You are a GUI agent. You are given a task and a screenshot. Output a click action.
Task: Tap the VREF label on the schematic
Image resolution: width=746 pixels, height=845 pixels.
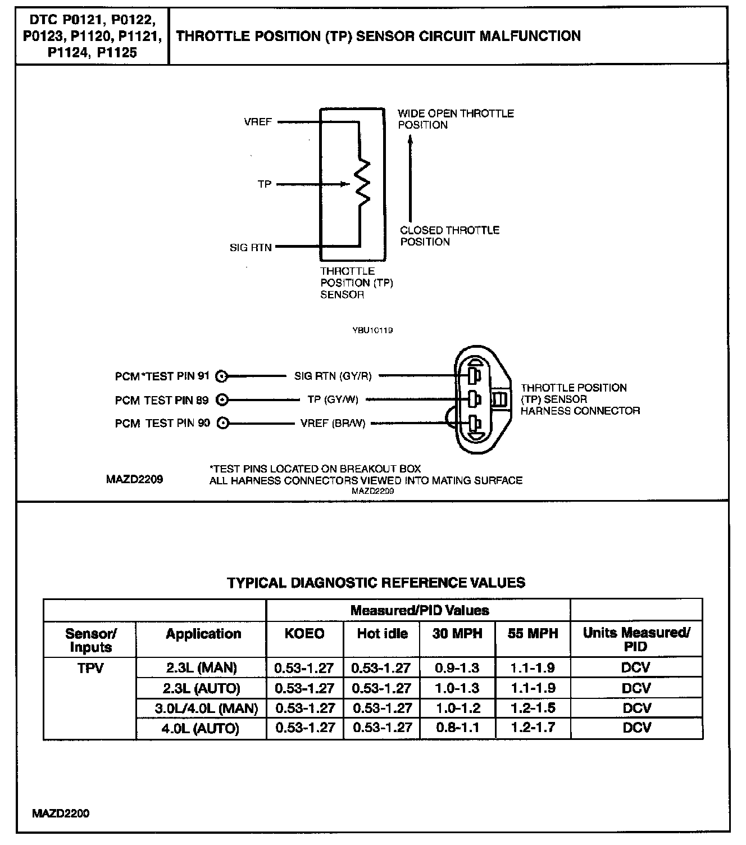[258, 121]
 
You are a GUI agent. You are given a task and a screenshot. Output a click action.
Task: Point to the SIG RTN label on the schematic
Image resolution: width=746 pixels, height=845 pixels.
[251, 247]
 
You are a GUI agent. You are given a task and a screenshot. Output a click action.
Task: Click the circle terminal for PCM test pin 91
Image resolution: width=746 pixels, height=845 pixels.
[222, 376]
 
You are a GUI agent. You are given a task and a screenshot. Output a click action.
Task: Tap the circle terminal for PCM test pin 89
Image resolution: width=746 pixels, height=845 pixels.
[222, 400]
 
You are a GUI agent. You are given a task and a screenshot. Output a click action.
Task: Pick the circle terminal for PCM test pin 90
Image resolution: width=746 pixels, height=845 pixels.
[222, 424]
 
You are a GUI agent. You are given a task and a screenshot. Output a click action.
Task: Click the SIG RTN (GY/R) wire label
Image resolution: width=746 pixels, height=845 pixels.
[333, 376]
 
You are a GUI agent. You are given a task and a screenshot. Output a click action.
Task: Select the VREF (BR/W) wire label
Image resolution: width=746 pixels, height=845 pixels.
[333, 424]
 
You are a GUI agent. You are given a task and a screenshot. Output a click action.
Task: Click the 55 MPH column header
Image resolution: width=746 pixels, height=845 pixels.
[533, 634]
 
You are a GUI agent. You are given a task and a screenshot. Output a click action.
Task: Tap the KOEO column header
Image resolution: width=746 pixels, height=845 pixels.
[304, 634]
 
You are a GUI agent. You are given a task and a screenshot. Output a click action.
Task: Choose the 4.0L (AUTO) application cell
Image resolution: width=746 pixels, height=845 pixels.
[201, 729]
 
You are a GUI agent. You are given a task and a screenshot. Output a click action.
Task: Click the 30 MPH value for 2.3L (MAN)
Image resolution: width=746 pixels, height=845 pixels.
[457, 668]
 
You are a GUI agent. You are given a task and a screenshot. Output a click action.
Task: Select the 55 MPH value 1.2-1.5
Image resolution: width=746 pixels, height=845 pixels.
[533, 708]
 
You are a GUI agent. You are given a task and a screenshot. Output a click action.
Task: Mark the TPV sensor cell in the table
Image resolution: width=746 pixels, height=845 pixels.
[90, 668]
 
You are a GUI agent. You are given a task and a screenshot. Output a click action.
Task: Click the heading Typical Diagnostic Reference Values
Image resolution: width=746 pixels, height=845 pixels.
[376, 583]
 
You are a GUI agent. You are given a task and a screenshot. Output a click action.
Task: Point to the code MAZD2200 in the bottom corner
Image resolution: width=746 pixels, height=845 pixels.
[61, 814]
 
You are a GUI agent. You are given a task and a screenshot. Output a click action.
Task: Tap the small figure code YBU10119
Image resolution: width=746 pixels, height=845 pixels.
[372, 330]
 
